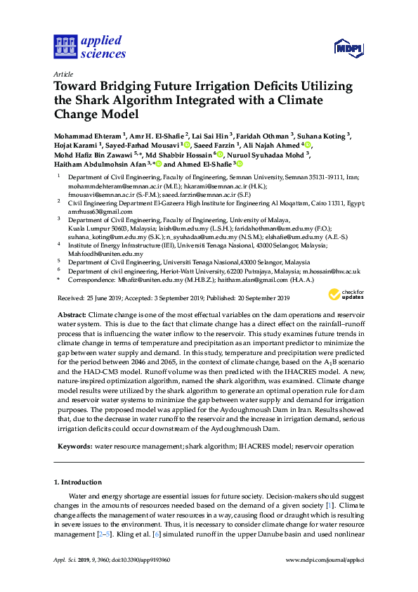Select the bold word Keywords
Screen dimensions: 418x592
(74, 446)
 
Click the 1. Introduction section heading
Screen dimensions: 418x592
(78, 482)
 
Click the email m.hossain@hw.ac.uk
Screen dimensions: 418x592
(331, 271)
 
